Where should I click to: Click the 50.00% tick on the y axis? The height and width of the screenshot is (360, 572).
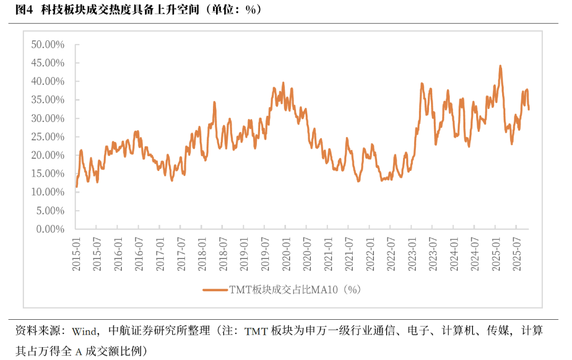click(48, 44)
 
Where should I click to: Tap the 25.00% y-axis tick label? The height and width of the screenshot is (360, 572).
click(48, 137)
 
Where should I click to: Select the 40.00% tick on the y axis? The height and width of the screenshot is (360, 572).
click(48, 82)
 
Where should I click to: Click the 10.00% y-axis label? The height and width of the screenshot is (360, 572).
click(48, 192)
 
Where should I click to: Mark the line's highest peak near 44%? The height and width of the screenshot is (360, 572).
click(500, 66)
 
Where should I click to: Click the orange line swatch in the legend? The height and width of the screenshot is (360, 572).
click(215, 290)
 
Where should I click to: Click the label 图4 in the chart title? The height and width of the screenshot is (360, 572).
click(24, 10)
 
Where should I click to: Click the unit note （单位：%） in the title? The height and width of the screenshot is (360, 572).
click(232, 10)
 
